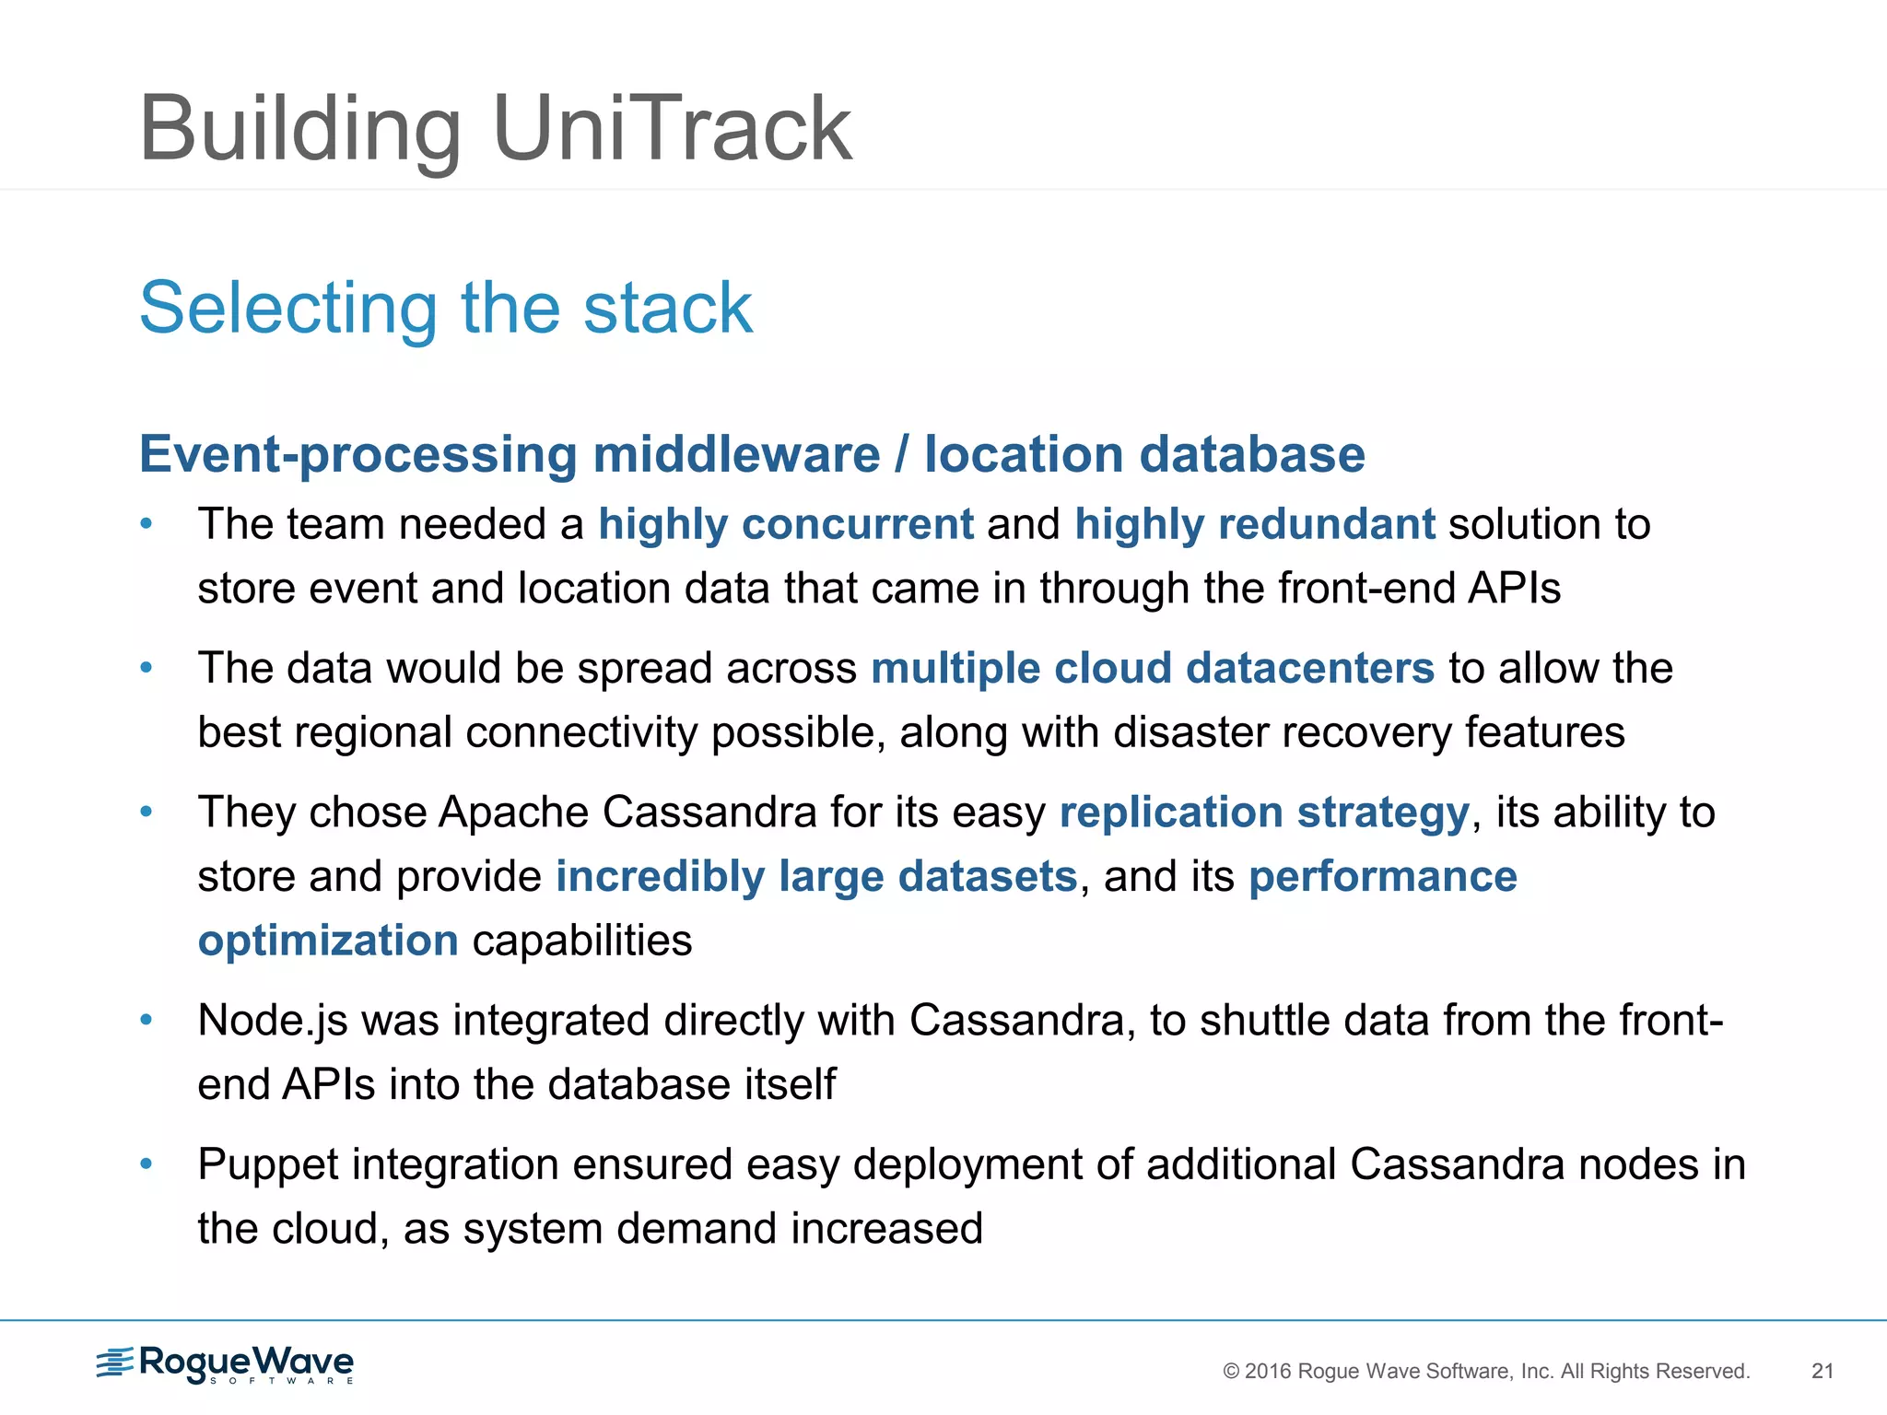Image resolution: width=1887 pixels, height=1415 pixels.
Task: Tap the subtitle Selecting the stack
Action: (x=446, y=308)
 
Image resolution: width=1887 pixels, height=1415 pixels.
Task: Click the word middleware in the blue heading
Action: (x=735, y=454)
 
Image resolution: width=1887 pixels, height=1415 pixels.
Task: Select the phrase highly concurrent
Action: (x=785, y=524)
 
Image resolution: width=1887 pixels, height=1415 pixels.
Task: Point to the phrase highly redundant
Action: (x=1254, y=524)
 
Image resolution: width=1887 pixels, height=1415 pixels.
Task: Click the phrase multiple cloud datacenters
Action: (x=1152, y=668)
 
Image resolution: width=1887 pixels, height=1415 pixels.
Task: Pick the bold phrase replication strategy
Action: (x=1263, y=813)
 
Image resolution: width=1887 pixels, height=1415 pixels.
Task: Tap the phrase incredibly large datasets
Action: (x=815, y=876)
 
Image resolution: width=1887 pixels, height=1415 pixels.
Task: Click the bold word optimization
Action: (x=328, y=941)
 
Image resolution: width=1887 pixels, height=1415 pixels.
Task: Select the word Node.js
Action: (x=273, y=1021)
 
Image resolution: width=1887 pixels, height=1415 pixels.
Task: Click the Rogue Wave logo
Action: (x=226, y=1364)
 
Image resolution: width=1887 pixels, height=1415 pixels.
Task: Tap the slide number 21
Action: (x=1822, y=1371)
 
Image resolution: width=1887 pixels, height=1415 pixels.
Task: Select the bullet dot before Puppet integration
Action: (x=146, y=1164)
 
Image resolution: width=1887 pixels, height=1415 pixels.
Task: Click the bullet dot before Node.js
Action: (x=146, y=1020)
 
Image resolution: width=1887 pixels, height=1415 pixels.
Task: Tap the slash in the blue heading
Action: (x=901, y=454)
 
